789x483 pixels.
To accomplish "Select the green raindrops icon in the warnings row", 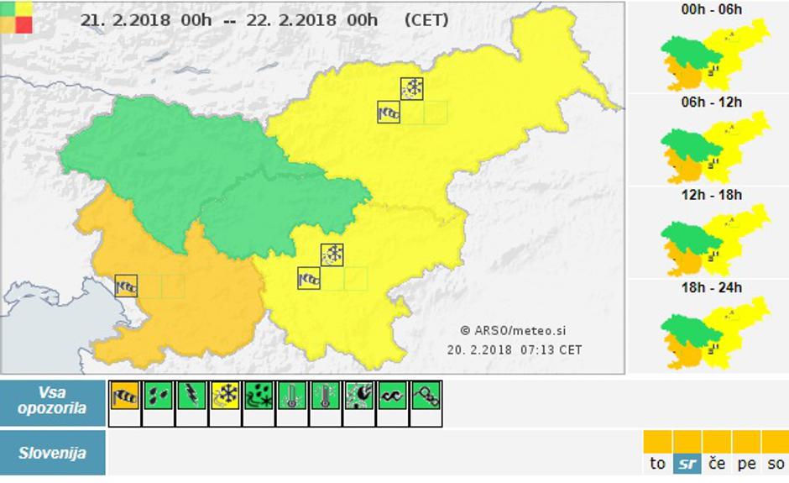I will pos(159,395).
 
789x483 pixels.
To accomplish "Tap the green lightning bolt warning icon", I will pos(192,395).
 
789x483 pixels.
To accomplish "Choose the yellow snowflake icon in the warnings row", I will pos(226,395).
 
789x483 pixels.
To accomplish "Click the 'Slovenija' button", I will pos(52,453).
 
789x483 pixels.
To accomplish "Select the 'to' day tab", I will pos(657,463).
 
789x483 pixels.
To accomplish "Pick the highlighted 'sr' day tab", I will pos(687,463).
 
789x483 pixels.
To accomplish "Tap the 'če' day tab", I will pos(716,463).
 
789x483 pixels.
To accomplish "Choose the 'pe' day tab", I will pos(746,463).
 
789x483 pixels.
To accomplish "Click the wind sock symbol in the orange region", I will pos(126,286).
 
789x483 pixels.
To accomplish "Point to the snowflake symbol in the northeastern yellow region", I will pos(412,88).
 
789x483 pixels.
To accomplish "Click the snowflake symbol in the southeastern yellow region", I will pos(332,255).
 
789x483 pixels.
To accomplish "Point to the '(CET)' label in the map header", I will pos(426,20).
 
